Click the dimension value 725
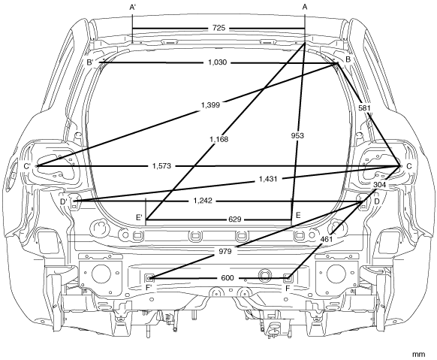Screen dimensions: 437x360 [x=218, y=28]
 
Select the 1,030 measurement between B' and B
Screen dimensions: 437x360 [x=218, y=62]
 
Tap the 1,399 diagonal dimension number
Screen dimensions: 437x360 [x=210, y=105]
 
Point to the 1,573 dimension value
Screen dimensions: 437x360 [x=161, y=166]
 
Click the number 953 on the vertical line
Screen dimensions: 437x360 [x=297, y=136]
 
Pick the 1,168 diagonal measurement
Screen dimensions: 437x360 [x=218, y=139]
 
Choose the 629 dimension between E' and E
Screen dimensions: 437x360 [x=235, y=219]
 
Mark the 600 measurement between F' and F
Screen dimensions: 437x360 [x=228, y=278]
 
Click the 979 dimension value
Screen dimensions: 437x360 [x=225, y=252]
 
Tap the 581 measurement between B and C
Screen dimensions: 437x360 [x=364, y=108]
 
